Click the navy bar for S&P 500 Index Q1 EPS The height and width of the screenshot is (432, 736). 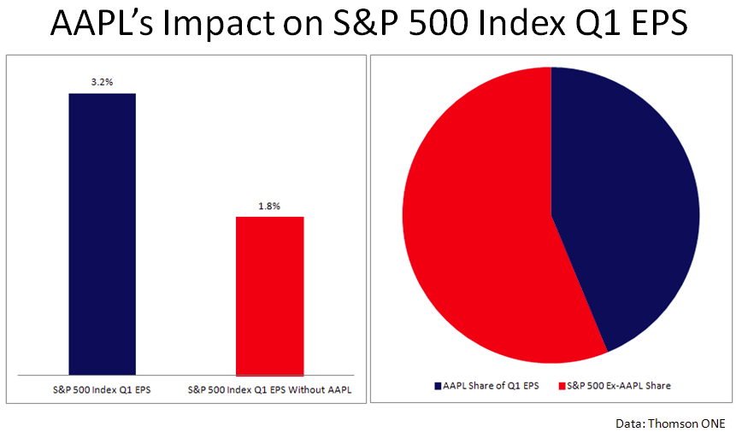point(103,234)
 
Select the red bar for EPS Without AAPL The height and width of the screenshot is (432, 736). point(270,296)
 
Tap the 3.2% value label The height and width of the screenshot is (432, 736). point(102,82)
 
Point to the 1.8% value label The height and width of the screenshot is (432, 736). point(269,206)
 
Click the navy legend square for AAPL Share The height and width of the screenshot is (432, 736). point(438,386)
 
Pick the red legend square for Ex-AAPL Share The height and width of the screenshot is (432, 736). point(562,386)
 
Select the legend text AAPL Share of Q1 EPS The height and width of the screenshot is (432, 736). point(491,386)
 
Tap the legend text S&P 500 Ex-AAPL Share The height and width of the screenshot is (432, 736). point(619,386)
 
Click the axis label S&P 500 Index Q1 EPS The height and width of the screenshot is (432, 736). point(102,390)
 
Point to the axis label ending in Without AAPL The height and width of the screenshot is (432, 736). point(269,390)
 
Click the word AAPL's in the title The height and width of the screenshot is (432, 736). point(102,23)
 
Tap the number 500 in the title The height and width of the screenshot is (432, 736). point(438,23)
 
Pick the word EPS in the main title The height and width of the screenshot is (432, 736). point(657,23)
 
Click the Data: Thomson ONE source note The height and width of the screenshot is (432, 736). point(670,423)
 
